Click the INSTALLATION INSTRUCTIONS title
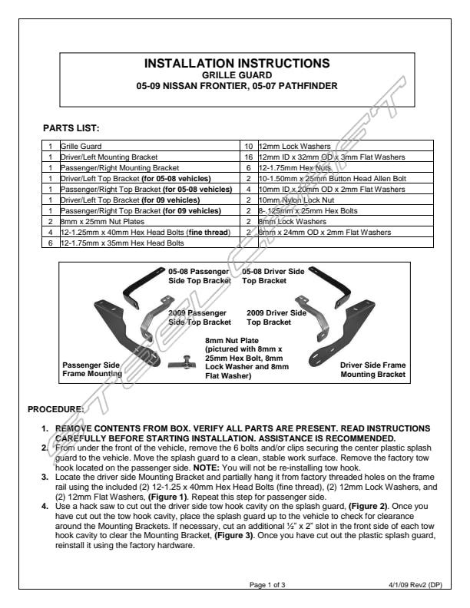click(x=237, y=63)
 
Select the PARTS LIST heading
click(x=71, y=127)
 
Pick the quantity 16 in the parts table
click(x=248, y=157)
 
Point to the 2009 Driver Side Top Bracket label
click(x=276, y=318)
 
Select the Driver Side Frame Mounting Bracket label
click(x=372, y=369)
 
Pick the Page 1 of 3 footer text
click(x=268, y=586)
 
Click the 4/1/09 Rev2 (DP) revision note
click(x=415, y=586)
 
